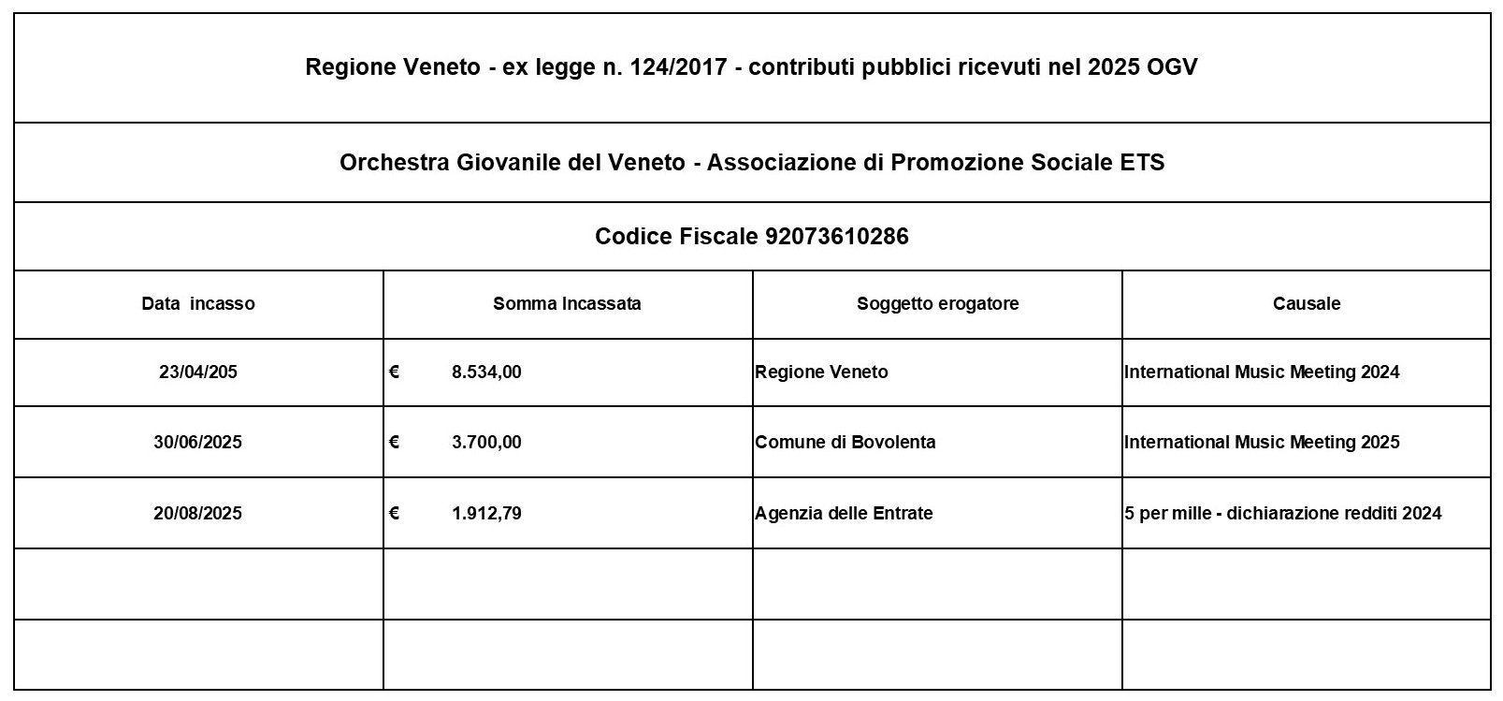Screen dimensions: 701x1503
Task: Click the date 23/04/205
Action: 198,372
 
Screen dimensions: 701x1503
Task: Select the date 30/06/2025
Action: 198,442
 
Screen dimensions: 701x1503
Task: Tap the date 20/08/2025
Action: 198,513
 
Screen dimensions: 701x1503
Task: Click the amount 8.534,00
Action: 486,372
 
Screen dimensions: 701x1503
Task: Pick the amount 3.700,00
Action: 486,442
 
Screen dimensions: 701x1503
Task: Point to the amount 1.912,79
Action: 486,513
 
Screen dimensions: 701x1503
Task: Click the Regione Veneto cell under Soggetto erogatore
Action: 821,372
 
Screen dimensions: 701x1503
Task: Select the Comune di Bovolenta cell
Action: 845,442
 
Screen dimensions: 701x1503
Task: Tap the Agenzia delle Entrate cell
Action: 844,513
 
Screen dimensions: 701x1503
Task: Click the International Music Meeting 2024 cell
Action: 1262,372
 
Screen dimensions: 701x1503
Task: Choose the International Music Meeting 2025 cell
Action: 1262,442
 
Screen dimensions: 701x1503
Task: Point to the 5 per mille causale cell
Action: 1283,513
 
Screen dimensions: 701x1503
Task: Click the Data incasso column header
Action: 198,303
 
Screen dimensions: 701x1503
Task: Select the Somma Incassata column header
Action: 567,303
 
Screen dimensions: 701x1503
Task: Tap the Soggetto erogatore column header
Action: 937,303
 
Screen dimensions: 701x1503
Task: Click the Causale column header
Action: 1307,303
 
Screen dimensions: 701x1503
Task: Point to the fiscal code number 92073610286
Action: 836,236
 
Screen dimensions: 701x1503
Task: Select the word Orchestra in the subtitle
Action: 394,163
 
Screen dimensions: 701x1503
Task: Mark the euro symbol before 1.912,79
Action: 395,513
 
